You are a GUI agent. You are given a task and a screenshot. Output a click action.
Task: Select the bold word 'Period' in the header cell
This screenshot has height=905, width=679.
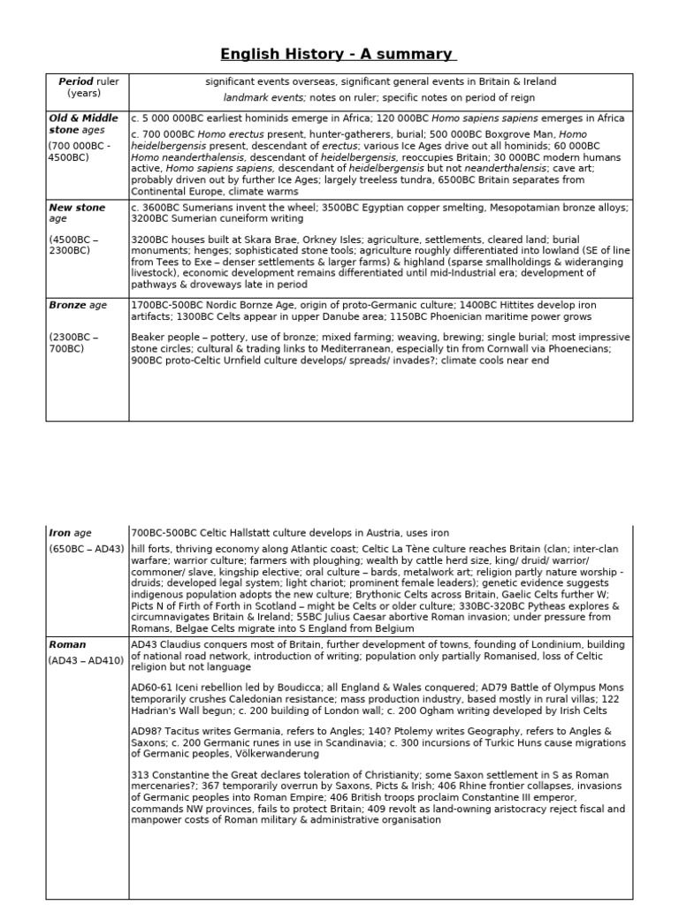(75, 81)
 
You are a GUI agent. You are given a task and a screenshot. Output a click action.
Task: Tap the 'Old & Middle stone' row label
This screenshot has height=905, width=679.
(82, 124)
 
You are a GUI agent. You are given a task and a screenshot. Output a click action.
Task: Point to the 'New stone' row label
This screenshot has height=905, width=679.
(77, 208)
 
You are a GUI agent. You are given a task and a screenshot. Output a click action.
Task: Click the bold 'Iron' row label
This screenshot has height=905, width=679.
(59, 533)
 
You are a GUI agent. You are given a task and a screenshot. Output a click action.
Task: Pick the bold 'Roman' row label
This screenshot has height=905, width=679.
(67, 645)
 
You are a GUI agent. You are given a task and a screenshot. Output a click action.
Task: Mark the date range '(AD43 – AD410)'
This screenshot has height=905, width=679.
(85, 660)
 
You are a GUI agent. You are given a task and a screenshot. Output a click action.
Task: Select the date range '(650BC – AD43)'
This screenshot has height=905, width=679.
(86, 549)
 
